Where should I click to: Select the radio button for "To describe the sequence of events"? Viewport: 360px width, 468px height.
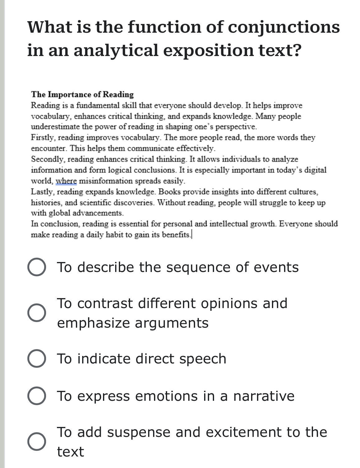(37, 267)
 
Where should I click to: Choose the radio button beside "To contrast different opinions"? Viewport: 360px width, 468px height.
(37, 313)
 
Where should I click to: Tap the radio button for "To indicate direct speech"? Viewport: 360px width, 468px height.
(37, 358)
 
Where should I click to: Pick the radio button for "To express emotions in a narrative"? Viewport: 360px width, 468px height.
(37, 396)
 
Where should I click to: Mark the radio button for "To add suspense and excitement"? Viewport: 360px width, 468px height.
(37, 442)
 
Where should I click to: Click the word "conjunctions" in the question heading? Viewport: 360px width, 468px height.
(284, 27)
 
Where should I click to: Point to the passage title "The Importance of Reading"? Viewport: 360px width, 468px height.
(82, 94)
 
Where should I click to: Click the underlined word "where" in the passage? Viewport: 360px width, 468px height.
(66, 181)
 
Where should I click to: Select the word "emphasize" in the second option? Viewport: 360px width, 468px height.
(93, 323)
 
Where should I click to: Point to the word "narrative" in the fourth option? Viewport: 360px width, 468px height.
(264, 396)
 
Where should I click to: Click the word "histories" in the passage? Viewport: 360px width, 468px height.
(46, 203)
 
